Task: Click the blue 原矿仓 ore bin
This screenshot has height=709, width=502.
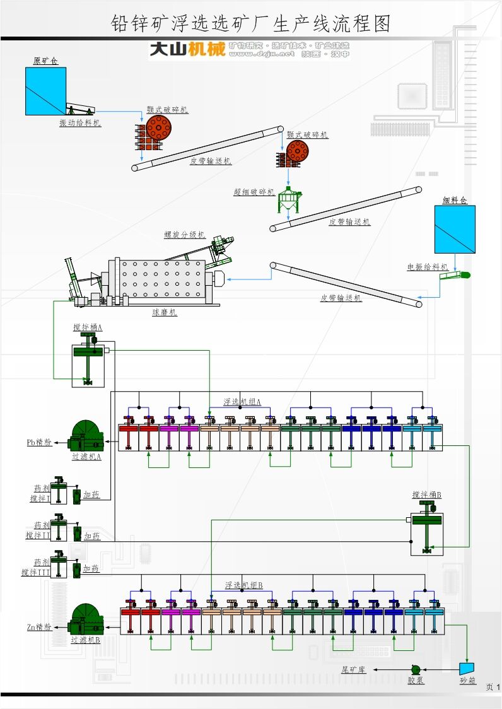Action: [45, 91]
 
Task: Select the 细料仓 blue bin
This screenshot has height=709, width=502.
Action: [454, 230]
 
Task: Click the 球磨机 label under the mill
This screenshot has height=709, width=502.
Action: [165, 312]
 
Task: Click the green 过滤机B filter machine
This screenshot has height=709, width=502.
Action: [86, 619]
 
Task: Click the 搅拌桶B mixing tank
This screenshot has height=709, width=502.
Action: [426, 529]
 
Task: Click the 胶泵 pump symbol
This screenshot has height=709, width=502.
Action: [416, 669]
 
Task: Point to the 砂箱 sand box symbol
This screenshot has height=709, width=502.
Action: [467, 668]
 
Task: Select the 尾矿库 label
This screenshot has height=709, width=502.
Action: [353, 669]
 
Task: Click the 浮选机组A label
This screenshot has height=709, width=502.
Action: [242, 402]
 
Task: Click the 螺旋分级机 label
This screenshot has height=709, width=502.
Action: [185, 235]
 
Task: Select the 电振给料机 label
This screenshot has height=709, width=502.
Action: [427, 267]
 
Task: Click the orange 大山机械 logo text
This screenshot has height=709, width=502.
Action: [187, 49]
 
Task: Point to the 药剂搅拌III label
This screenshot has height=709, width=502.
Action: [35, 567]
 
